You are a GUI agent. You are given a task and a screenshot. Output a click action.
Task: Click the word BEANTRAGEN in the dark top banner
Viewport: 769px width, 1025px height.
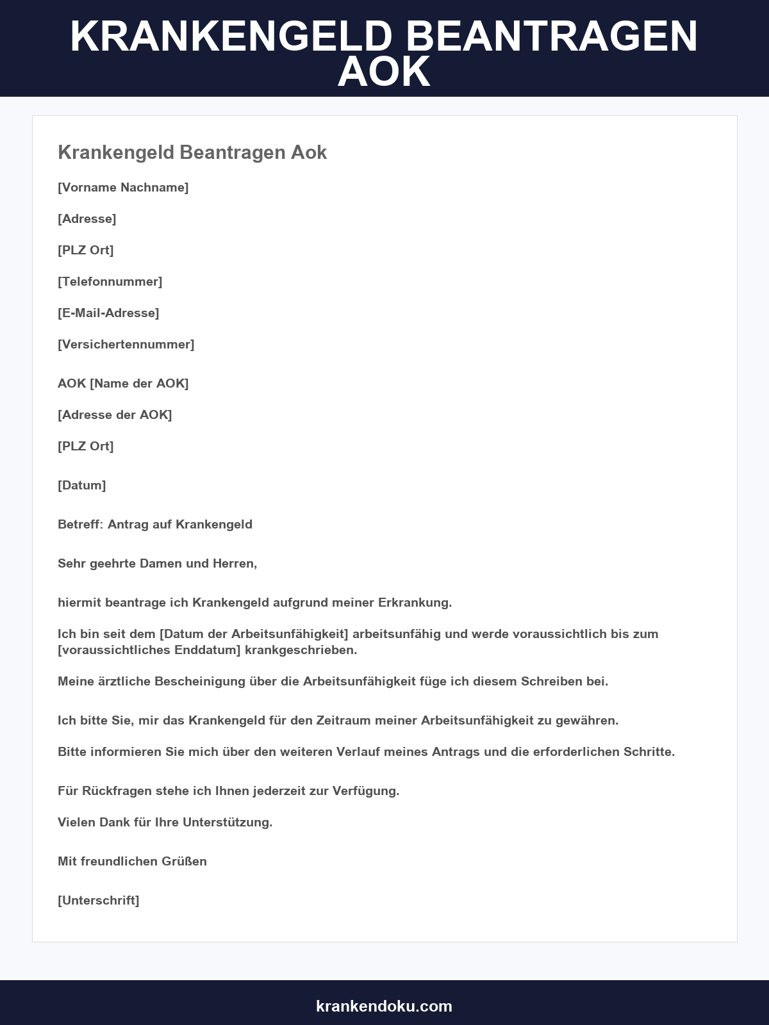551,37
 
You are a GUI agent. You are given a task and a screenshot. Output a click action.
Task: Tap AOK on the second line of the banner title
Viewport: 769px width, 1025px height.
384,72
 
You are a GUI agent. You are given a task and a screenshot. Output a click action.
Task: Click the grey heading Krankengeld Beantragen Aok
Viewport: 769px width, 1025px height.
192,152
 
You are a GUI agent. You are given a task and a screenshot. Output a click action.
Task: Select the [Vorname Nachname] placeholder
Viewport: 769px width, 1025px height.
123,187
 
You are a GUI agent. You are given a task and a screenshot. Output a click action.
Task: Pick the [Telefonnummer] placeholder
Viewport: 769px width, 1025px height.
110,281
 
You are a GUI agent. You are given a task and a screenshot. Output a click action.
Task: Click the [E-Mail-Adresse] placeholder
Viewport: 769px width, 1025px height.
108,313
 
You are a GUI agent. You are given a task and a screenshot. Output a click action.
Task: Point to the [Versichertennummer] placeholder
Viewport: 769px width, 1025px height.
126,344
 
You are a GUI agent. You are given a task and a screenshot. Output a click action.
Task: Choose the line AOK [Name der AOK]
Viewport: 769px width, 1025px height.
123,383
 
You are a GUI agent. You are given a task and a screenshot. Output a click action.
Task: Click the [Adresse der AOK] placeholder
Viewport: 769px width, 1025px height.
115,414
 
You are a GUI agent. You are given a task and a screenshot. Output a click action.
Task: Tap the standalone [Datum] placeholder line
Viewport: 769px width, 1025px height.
82,485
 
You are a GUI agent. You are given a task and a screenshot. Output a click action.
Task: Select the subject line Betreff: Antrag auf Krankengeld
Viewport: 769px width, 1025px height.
155,524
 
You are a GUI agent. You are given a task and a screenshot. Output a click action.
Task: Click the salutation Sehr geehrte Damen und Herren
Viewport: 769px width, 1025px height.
157,563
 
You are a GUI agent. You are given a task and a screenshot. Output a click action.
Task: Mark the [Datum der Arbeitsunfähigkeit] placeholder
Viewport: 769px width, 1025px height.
254,634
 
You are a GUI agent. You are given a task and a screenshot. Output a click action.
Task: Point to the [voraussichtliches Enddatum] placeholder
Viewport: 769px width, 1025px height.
149,650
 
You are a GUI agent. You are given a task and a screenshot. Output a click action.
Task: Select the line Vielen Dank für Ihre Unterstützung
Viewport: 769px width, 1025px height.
165,822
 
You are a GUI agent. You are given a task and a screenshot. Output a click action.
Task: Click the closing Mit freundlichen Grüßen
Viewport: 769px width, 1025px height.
132,861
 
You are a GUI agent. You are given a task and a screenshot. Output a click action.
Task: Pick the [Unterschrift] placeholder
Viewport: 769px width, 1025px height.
99,900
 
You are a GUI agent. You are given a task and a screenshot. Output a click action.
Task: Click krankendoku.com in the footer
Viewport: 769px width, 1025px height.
384,1006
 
